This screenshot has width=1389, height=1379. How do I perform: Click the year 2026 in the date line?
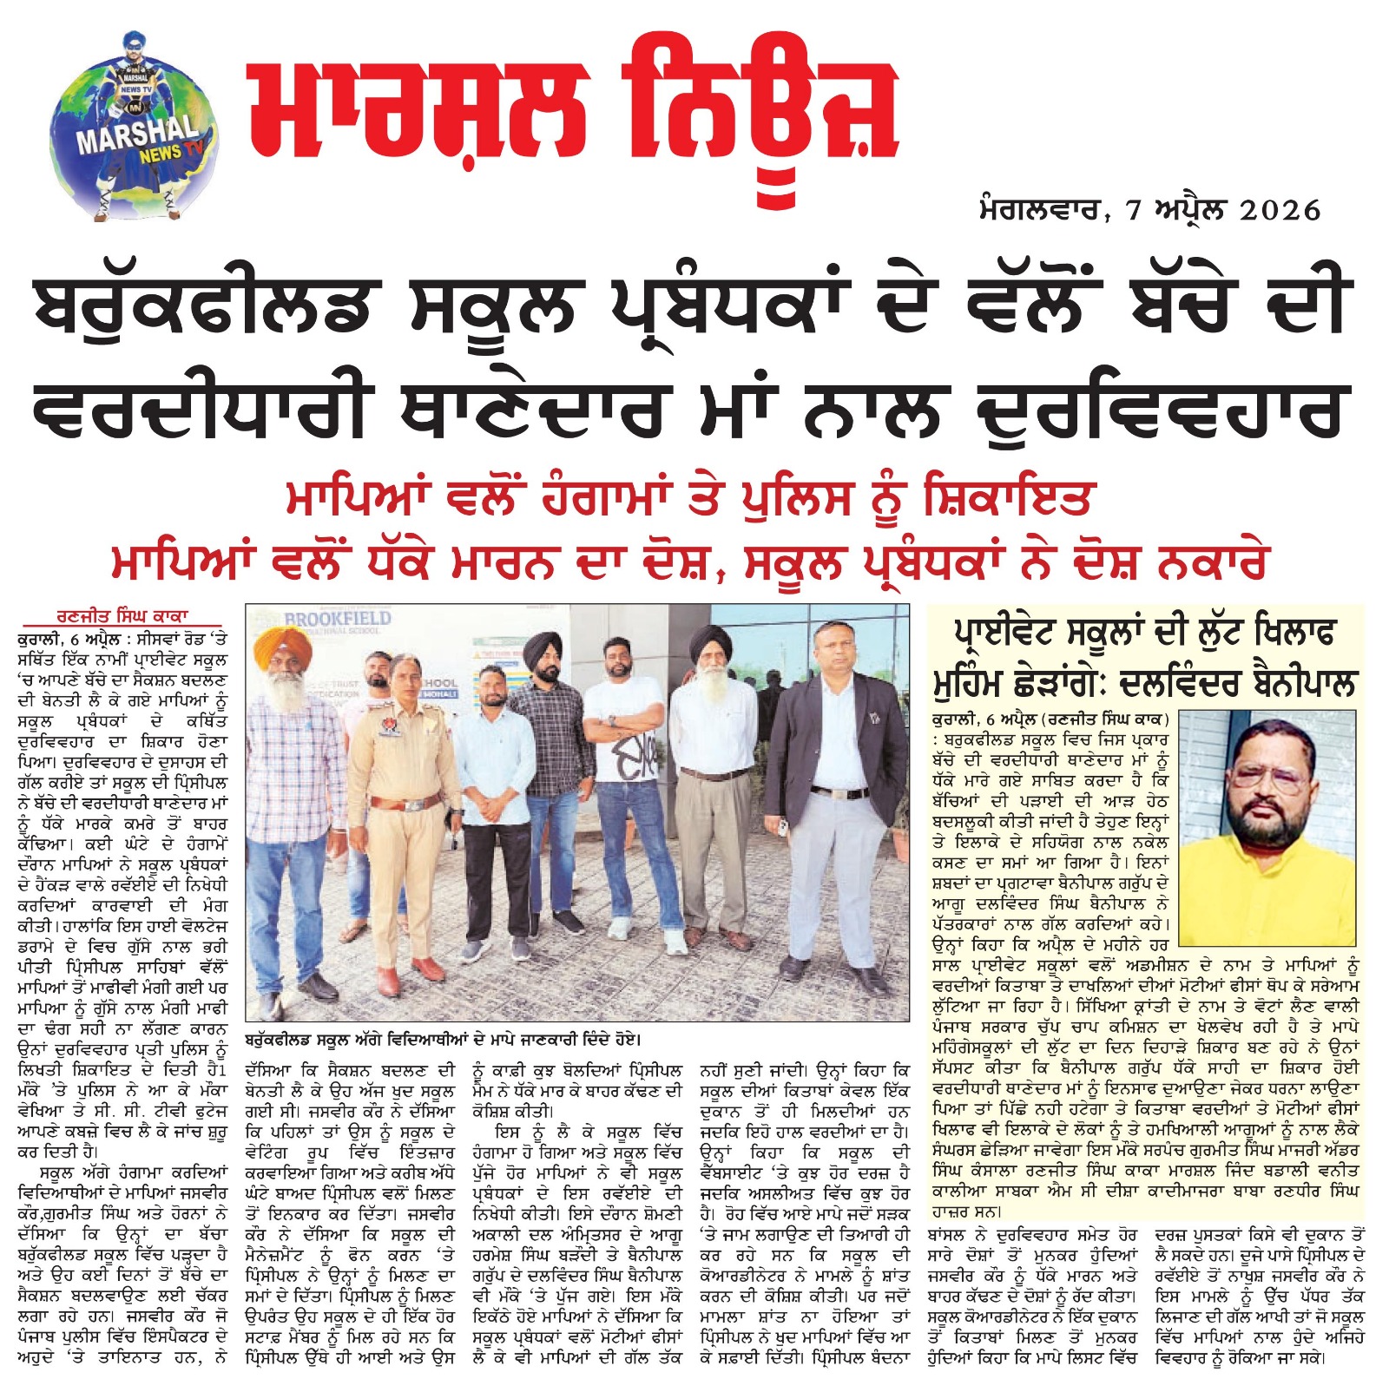[x=1280, y=210]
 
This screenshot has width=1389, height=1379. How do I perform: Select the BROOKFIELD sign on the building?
[x=338, y=620]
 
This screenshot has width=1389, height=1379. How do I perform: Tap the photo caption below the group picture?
[x=443, y=1039]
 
